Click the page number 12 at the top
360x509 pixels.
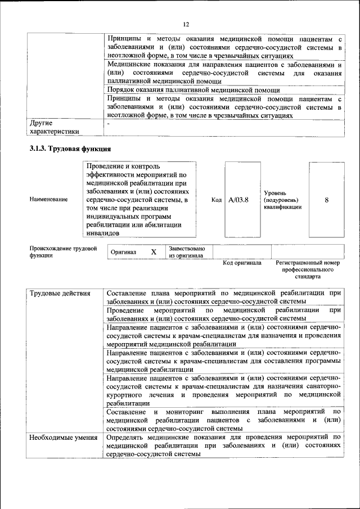[x=186, y=24]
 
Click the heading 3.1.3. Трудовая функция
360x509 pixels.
[x=70, y=149]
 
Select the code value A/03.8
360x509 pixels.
[x=238, y=199]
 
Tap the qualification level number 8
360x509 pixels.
[x=326, y=199]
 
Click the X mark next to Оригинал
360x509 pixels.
[x=153, y=252]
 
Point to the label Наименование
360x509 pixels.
[x=49, y=199]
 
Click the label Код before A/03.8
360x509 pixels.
[x=217, y=199]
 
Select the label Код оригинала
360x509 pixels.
[x=242, y=263]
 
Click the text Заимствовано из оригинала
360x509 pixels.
[x=187, y=252]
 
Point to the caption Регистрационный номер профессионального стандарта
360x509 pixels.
[x=308, y=269]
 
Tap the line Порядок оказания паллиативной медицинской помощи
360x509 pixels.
[x=193, y=90]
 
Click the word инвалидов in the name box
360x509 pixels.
[x=102, y=232]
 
